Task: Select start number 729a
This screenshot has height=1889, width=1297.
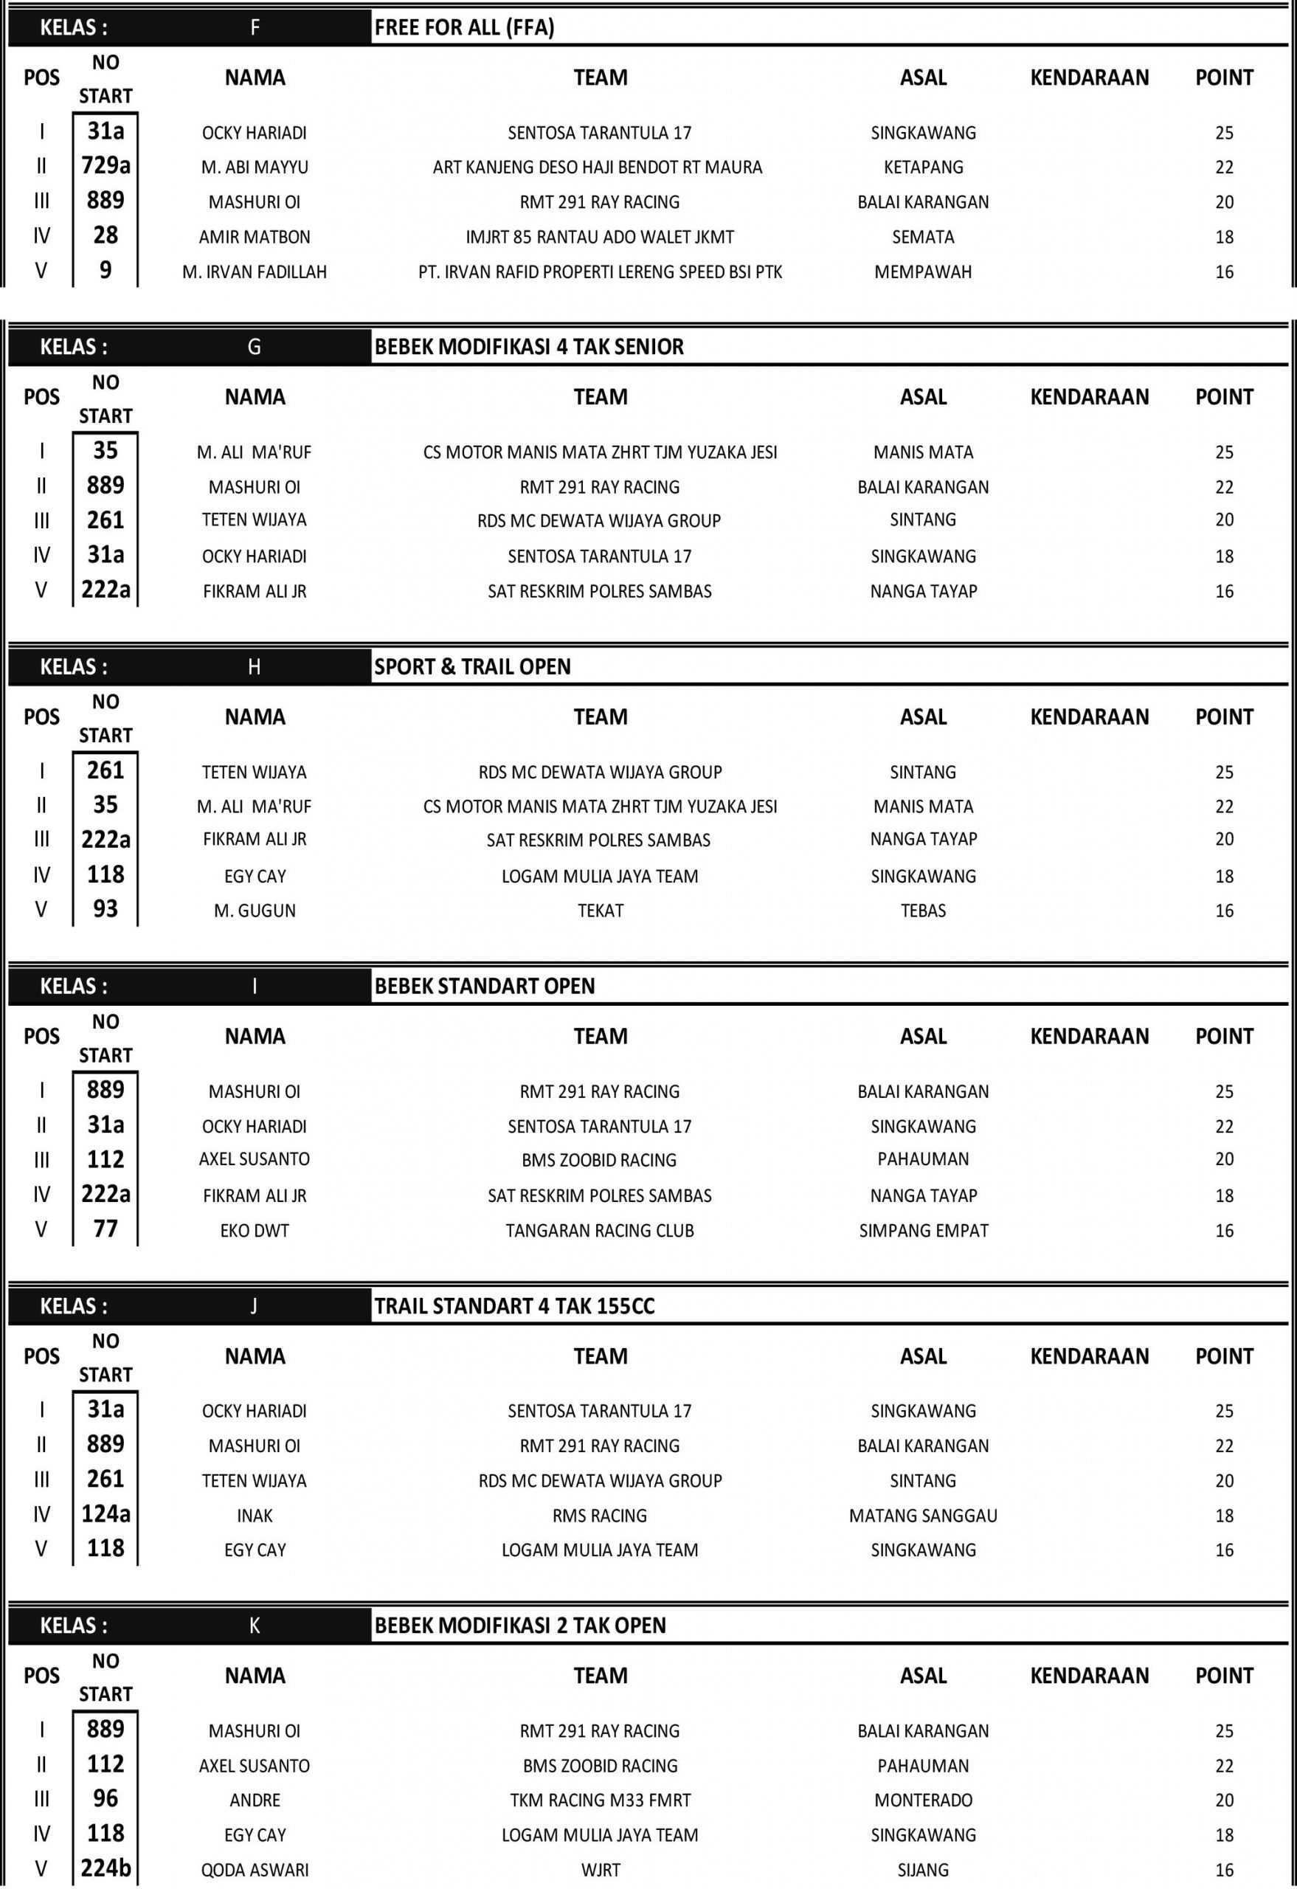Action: point(106,167)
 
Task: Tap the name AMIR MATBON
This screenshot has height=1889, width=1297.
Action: point(255,238)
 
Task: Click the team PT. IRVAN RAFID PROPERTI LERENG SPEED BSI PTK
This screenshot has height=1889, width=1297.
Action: point(600,272)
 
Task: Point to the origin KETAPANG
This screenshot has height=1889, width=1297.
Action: point(923,168)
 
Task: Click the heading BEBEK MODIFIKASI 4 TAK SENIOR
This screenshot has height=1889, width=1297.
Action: point(528,347)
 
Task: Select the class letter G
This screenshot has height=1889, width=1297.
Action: point(255,347)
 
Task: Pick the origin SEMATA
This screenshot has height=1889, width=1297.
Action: point(923,238)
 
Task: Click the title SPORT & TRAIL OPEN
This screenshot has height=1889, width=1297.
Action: point(472,666)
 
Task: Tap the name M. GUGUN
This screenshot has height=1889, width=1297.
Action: point(255,911)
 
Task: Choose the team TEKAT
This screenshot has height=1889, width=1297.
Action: point(600,911)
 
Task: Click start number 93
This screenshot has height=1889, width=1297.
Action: point(106,909)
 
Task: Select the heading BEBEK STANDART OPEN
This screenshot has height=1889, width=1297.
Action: point(484,986)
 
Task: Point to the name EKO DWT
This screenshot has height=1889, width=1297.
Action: point(255,1231)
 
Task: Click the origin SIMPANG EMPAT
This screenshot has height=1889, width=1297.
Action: point(923,1231)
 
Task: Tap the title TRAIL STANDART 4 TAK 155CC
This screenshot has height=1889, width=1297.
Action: point(514,1306)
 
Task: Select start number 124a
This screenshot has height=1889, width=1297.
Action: point(106,1514)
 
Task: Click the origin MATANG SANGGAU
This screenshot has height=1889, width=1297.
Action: point(923,1516)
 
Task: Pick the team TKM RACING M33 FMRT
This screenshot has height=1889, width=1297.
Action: point(600,1800)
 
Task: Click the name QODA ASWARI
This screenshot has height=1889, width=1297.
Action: point(255,1871)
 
